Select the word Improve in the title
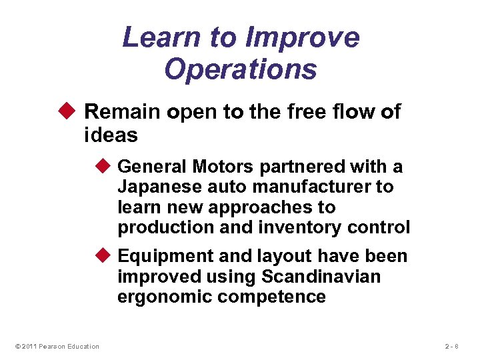(303, 37)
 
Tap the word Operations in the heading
(240, 69)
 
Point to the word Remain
(123, 112)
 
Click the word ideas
(111, 136)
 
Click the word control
(377, 227)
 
